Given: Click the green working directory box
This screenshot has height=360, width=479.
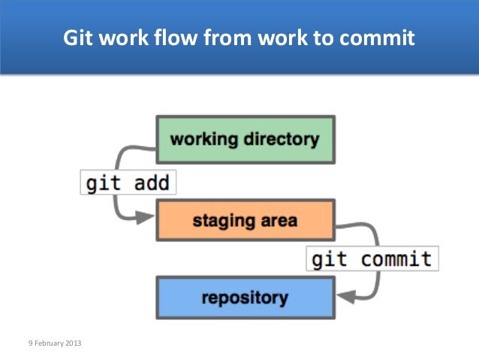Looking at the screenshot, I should (x=245, y=139).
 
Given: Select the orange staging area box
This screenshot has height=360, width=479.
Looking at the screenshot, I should (x=245, y=221).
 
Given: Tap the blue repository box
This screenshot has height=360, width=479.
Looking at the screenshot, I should (x=245, y=298).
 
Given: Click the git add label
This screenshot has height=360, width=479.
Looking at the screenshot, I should (x=128, y=183).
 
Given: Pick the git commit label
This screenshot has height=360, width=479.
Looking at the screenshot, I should (x=372, y=259).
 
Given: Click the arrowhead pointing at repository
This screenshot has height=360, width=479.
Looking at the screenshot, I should (x=344, y=298).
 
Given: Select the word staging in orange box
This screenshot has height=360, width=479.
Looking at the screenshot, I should (x=219, y=221).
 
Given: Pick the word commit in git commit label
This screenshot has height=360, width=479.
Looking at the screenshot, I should (x=396, y=259).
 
